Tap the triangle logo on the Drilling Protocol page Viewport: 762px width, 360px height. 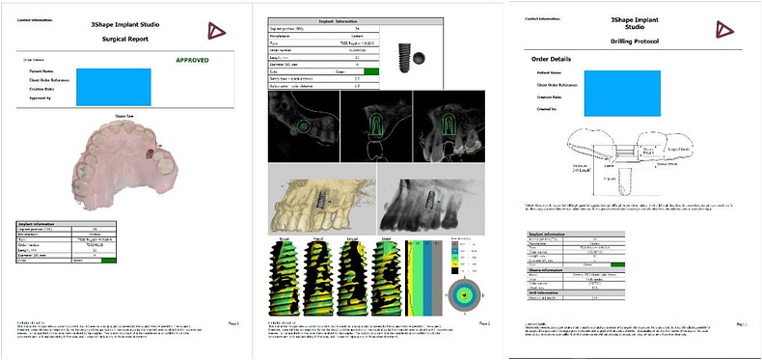(720, 28)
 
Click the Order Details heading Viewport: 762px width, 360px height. (551, 58)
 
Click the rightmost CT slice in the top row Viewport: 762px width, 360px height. (447, 128)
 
